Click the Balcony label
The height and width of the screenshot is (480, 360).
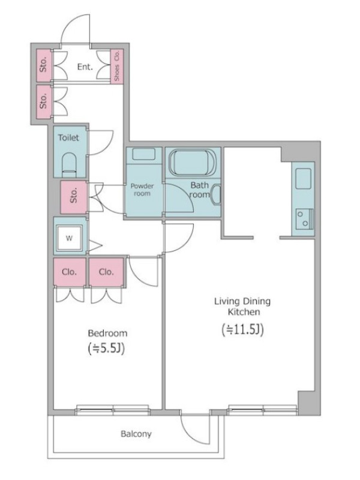coord(136,434)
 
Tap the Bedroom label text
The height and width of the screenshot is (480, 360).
coord(107,333)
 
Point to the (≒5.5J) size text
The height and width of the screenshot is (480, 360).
coord(106,349)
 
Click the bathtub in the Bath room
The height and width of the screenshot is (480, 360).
coord(193,162)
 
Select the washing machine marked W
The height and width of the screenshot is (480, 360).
coord(70,238)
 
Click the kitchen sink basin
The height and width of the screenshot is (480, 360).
coord(304,178)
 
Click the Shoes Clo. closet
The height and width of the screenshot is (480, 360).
coord(116,66)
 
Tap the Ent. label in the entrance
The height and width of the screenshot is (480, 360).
coord(85,67)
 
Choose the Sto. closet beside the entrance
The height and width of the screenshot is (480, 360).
coord(44,65)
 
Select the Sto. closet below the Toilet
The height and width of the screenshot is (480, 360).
coord(74,197)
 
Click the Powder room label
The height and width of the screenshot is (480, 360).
coord(142,190)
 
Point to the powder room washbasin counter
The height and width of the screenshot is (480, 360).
coord(144,155)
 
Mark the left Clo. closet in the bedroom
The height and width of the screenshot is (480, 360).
coord(70,272)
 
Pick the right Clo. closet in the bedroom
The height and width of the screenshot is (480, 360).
coord(107,272)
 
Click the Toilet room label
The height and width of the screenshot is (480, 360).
coord(68,138)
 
